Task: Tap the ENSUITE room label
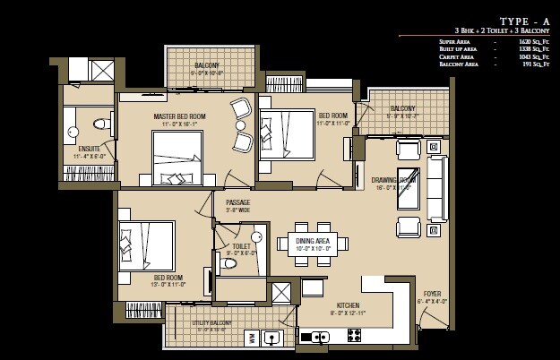(89, 149)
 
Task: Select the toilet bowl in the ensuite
(100, 124)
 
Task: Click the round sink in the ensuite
(73, 132)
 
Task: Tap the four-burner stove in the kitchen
(353, 337)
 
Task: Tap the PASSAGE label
(237, 202)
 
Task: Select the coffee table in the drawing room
(409, 187)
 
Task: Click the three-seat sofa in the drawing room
(436, 188)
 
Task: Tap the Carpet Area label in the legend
(456, 56)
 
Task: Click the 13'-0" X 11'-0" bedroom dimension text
(168, 285)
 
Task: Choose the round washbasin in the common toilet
(256, 237)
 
